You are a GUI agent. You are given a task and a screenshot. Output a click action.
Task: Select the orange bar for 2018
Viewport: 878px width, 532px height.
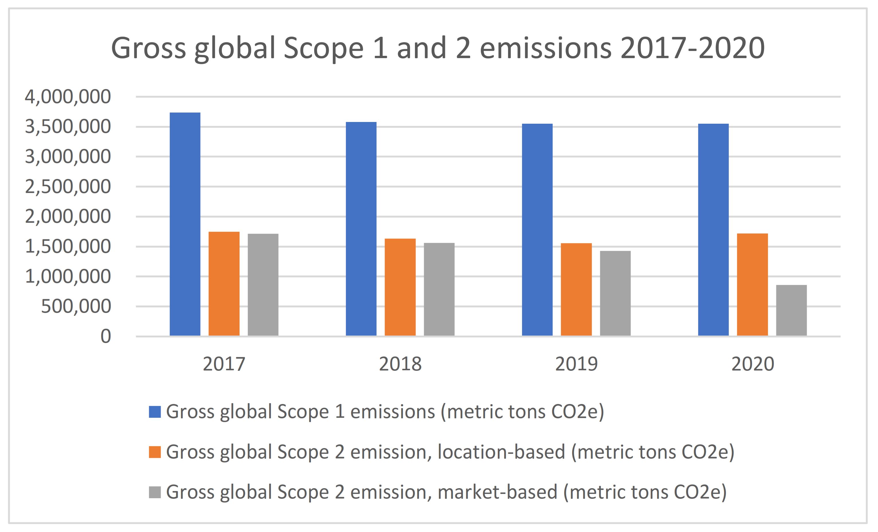(400, 287)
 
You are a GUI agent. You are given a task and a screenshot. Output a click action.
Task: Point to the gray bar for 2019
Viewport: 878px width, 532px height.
(615, 293)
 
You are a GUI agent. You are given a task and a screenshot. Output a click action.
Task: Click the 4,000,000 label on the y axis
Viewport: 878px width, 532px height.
(68, 96)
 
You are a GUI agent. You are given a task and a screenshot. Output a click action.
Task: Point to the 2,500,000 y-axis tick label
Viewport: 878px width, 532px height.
(68, 187)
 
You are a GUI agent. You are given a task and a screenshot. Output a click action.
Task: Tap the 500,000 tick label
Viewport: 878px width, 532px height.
(76, 306)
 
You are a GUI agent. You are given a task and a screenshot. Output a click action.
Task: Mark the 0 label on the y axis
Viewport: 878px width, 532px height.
(105, 336)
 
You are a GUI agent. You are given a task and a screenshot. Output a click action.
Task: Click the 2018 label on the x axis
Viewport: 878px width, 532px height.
(400, 364)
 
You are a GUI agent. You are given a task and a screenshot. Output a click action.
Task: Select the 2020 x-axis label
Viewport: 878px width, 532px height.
(752, 364)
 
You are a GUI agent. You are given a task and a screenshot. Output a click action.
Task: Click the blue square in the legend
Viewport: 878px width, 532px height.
(155, 412)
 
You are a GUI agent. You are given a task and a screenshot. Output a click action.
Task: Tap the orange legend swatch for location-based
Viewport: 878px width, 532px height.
(155, 452)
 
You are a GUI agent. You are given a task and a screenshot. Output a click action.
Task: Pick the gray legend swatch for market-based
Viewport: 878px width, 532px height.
(155, 492)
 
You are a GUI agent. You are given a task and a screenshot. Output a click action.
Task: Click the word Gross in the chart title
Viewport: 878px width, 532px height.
(148, 48)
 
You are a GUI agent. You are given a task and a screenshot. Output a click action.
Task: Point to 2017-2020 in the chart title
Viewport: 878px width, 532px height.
(692, 48)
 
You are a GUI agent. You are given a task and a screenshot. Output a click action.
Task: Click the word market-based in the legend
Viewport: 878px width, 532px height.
(497, 492)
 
